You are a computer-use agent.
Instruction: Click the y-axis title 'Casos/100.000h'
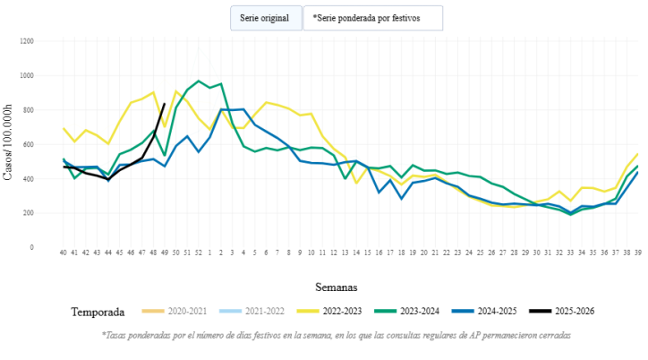[9, 143]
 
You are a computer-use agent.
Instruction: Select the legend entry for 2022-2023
[328, 312]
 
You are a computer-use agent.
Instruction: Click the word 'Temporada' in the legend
[99, 312]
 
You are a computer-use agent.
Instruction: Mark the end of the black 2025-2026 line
[164, 104]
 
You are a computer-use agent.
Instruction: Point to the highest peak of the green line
[199, 81]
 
